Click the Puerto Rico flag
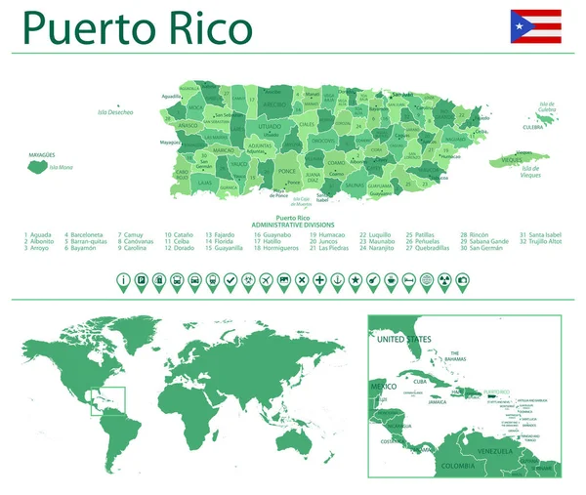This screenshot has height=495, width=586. [x=535, y=26]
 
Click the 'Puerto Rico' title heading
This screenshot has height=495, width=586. [x=138, y=28]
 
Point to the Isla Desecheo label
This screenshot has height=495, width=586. [x=114, y=112]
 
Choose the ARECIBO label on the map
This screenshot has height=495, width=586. [x=273, y=103]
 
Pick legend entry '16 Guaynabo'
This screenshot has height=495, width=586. [x=273, y=235]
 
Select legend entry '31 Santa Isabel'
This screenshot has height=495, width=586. [x=541, y=235]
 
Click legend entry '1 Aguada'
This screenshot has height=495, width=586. [x=38, y=235]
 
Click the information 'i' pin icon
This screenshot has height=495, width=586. [x=123, y=280]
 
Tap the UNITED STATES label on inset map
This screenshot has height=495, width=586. [x=403, y=339]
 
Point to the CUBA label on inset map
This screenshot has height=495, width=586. [x=423, y=381]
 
